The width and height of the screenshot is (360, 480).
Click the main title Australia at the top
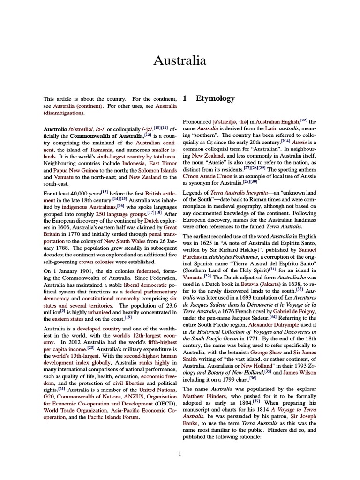click(180, 61)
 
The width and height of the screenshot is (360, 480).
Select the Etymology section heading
click(215, 99)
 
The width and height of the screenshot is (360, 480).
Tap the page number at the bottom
click(180, 453)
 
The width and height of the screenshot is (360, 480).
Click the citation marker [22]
click(304, 120)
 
